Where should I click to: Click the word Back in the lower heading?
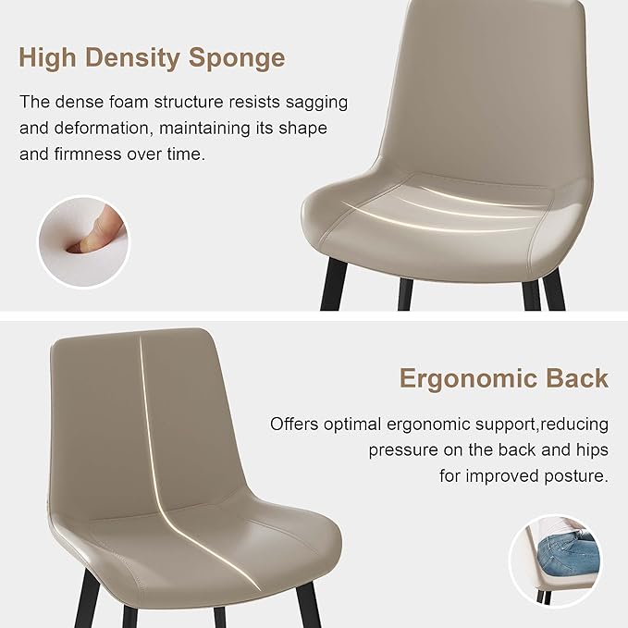(578, 378)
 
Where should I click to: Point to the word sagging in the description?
(316, 102)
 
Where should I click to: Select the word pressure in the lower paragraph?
(405, 449)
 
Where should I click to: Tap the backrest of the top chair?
(481, 83)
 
